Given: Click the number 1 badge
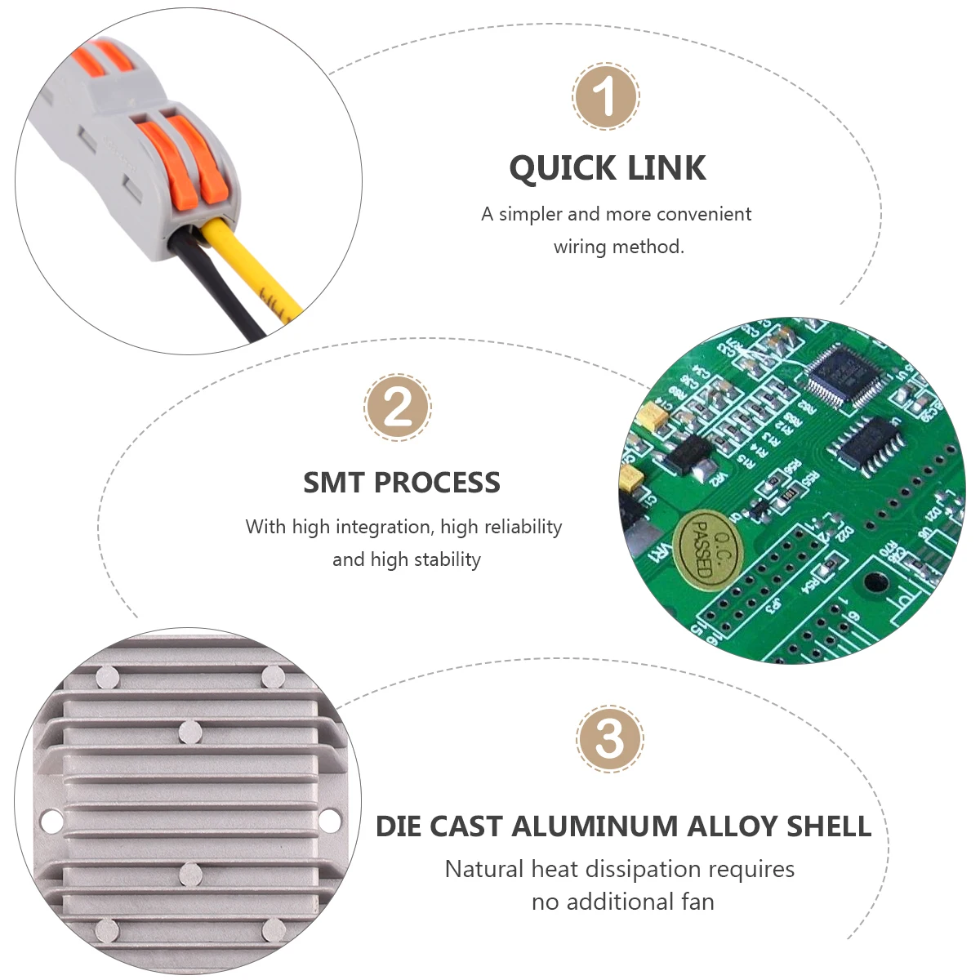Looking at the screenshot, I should tap(606, 96).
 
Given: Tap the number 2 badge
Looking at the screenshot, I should tap(398, 408).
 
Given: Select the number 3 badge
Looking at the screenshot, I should tap(610, 739).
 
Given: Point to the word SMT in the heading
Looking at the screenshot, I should tap(333, 483).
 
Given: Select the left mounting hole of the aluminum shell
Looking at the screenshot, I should tap(51, 821).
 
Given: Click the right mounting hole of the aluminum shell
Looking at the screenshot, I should tap(330, 821).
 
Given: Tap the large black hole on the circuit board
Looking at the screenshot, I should tap(875, 583).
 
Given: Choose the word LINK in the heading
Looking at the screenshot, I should tap(668, 168).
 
